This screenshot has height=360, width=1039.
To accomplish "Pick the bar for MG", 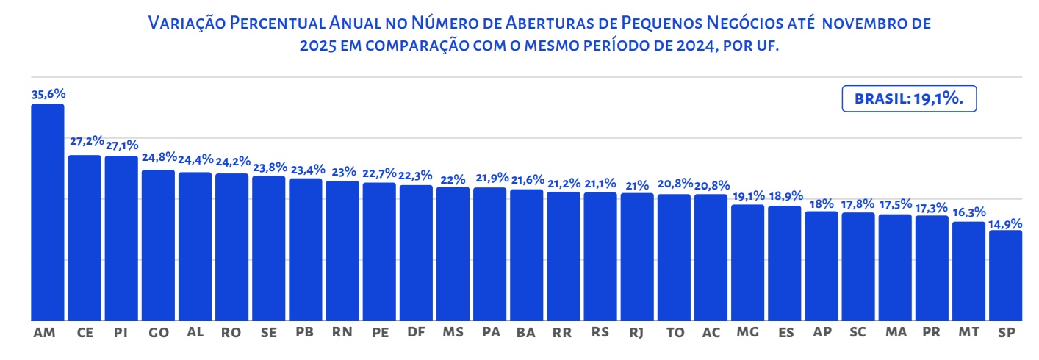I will (747, 262).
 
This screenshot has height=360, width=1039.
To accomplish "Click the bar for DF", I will (416, 253).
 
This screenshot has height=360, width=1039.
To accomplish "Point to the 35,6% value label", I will (48, 94).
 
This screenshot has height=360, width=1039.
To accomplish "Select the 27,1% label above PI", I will (121, 145).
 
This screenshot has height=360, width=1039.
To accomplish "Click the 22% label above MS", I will (453, 179).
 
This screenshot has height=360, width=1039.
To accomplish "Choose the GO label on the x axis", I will (158, 333).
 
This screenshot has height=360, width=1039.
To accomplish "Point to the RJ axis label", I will (637, 333).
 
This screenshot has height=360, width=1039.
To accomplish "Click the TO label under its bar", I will (674, 333).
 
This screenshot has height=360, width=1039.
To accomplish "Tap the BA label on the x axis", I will (526, 333).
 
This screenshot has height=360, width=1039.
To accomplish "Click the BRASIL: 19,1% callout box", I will (908, 98).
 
